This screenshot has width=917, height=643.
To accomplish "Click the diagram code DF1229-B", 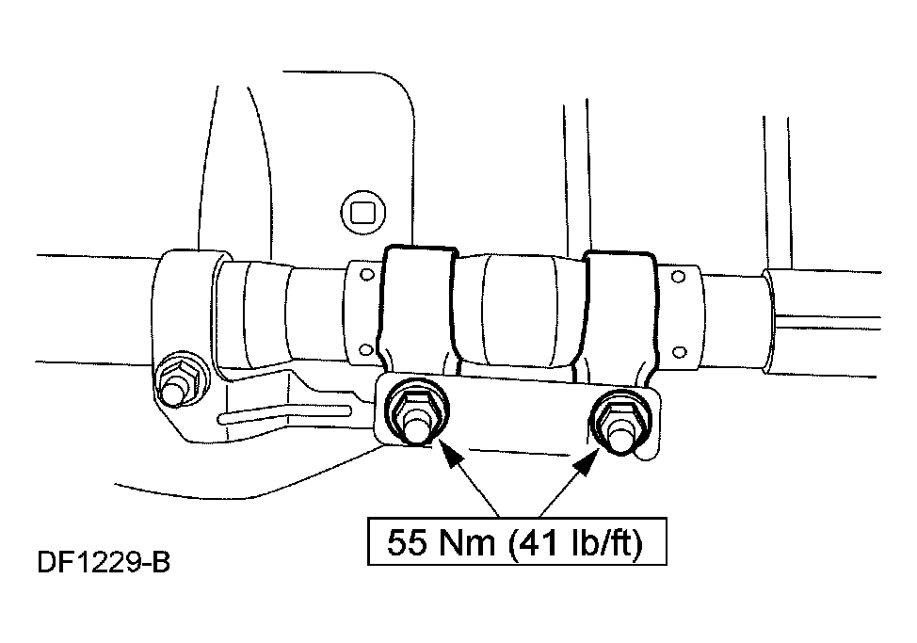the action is click(x=104, y=562).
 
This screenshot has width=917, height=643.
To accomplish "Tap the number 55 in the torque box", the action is click(x=409, y=542).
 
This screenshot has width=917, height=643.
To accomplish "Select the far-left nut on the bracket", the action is click(x=181, y=378).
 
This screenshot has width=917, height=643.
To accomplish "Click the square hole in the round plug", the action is click(x=363, y=212).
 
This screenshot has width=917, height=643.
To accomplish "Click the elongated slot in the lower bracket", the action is click(x=285, y=413).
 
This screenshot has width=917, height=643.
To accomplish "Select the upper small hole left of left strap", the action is click(x=367, y=274).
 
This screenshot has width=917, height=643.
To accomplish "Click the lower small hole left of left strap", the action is click(x=365, y=349).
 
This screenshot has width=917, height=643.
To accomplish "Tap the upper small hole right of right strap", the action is click(x=679, y=277).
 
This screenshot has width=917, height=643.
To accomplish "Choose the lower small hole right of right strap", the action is click(x=680, y=352).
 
